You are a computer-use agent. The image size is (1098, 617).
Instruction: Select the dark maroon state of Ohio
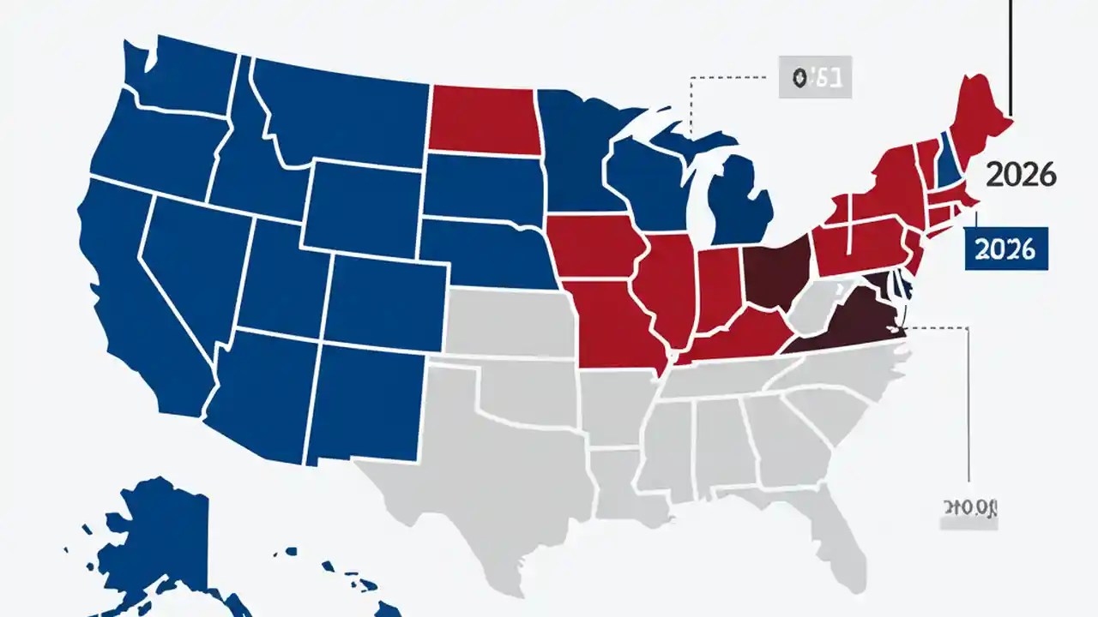(x=777, y=274)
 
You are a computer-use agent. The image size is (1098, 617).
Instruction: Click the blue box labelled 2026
(x=1006, y=249)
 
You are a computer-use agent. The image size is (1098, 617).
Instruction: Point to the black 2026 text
(x=1021, y=176)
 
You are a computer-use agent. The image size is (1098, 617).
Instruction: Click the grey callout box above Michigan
(x=813, y=78)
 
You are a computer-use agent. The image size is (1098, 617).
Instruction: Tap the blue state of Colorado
(x=386, y=300)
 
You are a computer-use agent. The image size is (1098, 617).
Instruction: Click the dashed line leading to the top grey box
(x=729, y=77)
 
